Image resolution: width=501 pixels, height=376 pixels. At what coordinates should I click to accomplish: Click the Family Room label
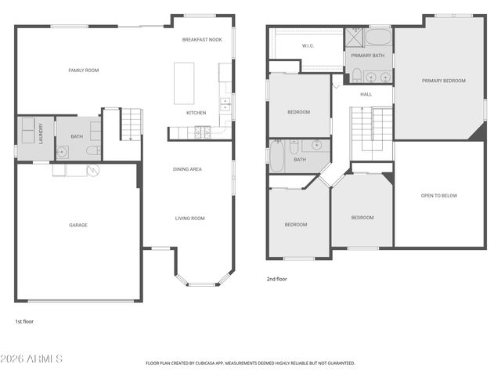[x=84, y=70]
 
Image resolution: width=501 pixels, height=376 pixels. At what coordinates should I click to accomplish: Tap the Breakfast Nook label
[x=202, y=40]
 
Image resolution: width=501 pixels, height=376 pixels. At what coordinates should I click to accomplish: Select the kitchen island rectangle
[x=184, y=83]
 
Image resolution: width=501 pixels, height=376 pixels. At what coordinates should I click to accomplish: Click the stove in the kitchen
[x=203, y=132]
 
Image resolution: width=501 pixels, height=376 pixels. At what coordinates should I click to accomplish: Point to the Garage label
[x=78, y=225]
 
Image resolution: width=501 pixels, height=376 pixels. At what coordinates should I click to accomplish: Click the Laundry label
[x=41, y=134]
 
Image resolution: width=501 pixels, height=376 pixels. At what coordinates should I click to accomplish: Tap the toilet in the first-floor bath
[x=93, y=150]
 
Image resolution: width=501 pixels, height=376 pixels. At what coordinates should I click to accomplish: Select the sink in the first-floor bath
[x=62, y=151]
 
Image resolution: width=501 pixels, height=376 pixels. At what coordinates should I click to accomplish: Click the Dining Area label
[x=187, y=169]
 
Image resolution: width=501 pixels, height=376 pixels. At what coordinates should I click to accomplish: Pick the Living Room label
[x=189, y=219]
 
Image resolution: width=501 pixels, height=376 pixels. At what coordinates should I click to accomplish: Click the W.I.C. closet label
[x=308, y=45]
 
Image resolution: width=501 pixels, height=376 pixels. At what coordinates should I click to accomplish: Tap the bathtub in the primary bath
[x=378, y=37]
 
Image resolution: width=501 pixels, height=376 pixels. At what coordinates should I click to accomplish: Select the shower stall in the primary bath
[x=354, y=37]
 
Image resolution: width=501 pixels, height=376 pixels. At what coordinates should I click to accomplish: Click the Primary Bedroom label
[x=444, y=81]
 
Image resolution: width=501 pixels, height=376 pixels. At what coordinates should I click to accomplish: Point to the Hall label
[x=366, y=94]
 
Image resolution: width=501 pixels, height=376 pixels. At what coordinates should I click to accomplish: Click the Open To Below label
[x=439, y=196]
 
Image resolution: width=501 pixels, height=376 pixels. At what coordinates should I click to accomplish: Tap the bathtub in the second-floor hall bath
[x=276, y=157]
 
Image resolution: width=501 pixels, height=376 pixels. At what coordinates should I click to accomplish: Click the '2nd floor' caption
[x=276, y=279]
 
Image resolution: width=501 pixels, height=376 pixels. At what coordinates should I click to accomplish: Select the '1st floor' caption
[x=24, y=322]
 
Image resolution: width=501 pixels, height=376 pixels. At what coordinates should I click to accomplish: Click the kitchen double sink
[x=225, y=104]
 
